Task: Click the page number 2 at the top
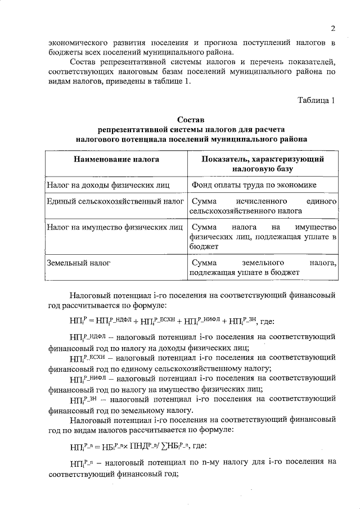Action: pos(332,29)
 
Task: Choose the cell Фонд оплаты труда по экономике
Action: pos(253,184)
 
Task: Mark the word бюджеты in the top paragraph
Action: pos(65,52)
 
